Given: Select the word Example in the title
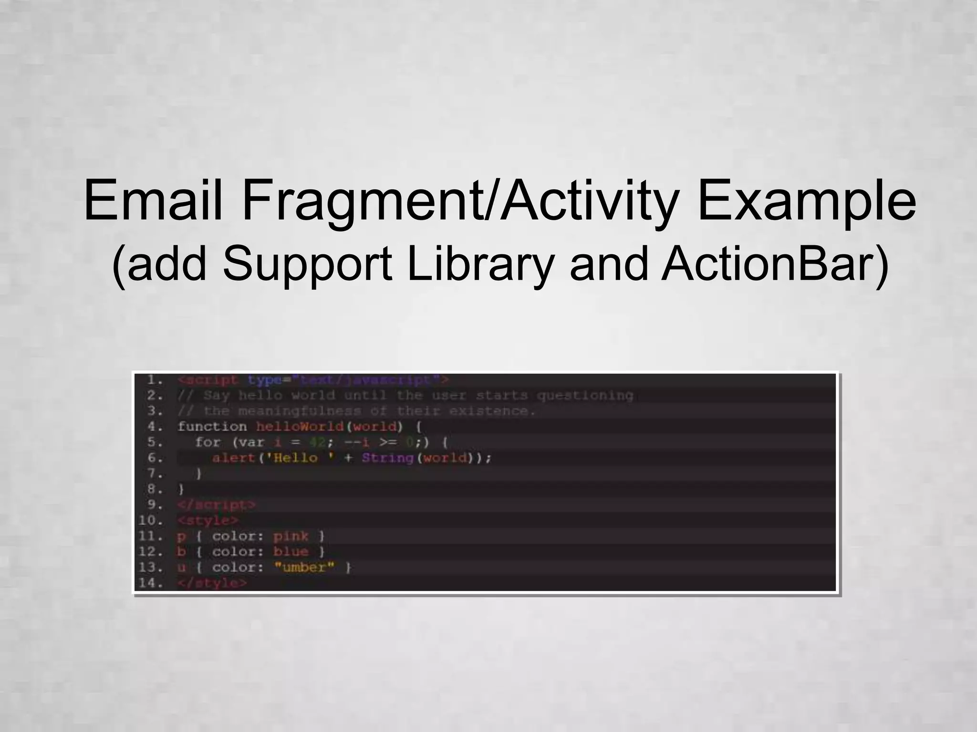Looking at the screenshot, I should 806,200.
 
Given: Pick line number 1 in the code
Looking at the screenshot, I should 154,380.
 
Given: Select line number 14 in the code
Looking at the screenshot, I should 150,582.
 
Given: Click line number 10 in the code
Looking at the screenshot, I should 150,520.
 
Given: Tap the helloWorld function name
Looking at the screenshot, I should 300,426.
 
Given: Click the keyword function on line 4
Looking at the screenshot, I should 212,426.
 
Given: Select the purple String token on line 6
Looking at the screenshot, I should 387,458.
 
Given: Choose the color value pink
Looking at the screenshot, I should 291,536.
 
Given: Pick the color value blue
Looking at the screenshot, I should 291,552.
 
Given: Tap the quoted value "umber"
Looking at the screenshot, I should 304,567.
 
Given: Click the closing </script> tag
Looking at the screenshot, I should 216,504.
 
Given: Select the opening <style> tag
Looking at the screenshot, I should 208,520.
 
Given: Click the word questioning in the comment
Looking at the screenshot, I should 585,395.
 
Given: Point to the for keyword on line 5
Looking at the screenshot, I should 208,442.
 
